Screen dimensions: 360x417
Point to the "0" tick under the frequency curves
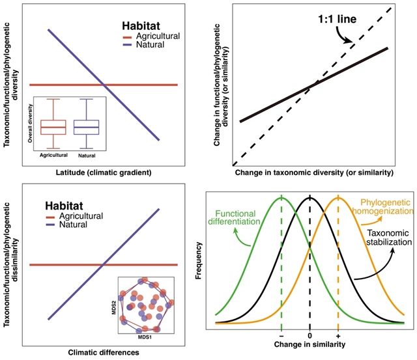coord(310,335)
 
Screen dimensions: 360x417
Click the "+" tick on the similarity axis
coord(338,335)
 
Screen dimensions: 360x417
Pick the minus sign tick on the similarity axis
coord(281,335)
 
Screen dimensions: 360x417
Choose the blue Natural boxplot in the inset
coord(86,126)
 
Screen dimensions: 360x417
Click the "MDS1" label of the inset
coord(145,338)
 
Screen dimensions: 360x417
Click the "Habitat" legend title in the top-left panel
coord(140,27)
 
